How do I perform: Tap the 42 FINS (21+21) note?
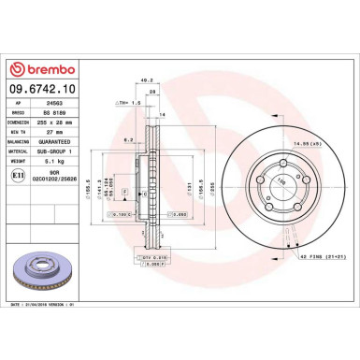(x=324, y=255)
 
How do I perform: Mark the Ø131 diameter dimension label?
(x=189, y=187)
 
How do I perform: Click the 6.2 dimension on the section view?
(x=126, y=138)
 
